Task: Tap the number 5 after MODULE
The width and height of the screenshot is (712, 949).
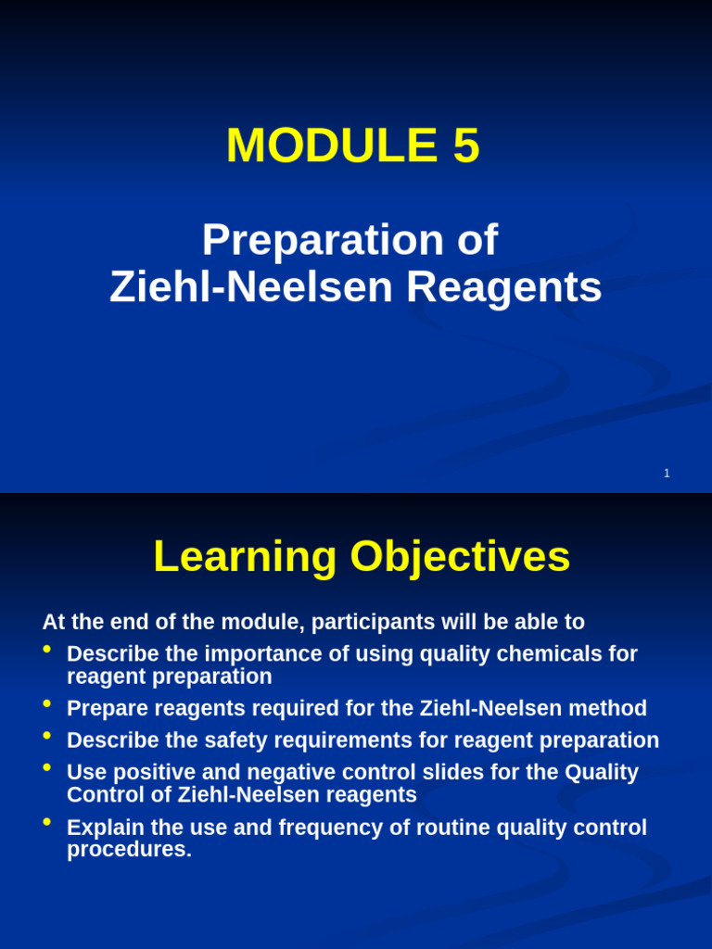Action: point(466,146)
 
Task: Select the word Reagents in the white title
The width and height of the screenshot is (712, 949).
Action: point(503,287)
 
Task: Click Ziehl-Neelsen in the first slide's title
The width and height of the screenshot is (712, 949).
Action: point(251,287)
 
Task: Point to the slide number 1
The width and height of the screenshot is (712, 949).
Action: point(667,474)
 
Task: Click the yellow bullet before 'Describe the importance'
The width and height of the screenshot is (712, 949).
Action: point(47,649)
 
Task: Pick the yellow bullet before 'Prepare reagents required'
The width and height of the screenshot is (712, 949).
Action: point(47,703)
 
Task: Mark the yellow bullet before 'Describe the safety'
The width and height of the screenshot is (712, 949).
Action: point(47,735)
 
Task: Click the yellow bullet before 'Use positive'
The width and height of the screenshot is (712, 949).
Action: point(47,766)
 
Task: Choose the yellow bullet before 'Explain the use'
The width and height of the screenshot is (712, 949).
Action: point(47,822)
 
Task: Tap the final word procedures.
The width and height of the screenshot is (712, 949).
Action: point(129,850)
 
